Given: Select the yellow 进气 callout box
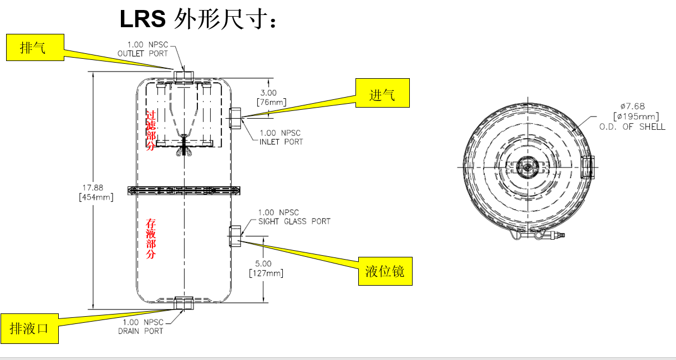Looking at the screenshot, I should point(382,93).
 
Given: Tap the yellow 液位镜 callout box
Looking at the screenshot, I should point(385,271).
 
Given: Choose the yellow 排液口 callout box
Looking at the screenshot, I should point(29,328).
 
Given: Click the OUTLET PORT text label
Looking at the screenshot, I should point(142,49).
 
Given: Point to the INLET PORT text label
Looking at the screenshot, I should point(281,138).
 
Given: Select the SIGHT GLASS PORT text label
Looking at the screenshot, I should point(294,217).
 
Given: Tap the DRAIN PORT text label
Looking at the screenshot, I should point(141,327).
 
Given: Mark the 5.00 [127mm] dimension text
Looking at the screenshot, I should point(266,268).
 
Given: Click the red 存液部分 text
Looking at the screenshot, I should point(150,239).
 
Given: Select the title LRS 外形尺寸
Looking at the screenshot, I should point(198,19).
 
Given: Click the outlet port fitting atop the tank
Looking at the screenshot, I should point(184,77).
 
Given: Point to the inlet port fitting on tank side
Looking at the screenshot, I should point(235,118).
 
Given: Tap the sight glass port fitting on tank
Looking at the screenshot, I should point(235,235).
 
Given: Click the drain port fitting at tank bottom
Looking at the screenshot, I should point(184,303).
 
